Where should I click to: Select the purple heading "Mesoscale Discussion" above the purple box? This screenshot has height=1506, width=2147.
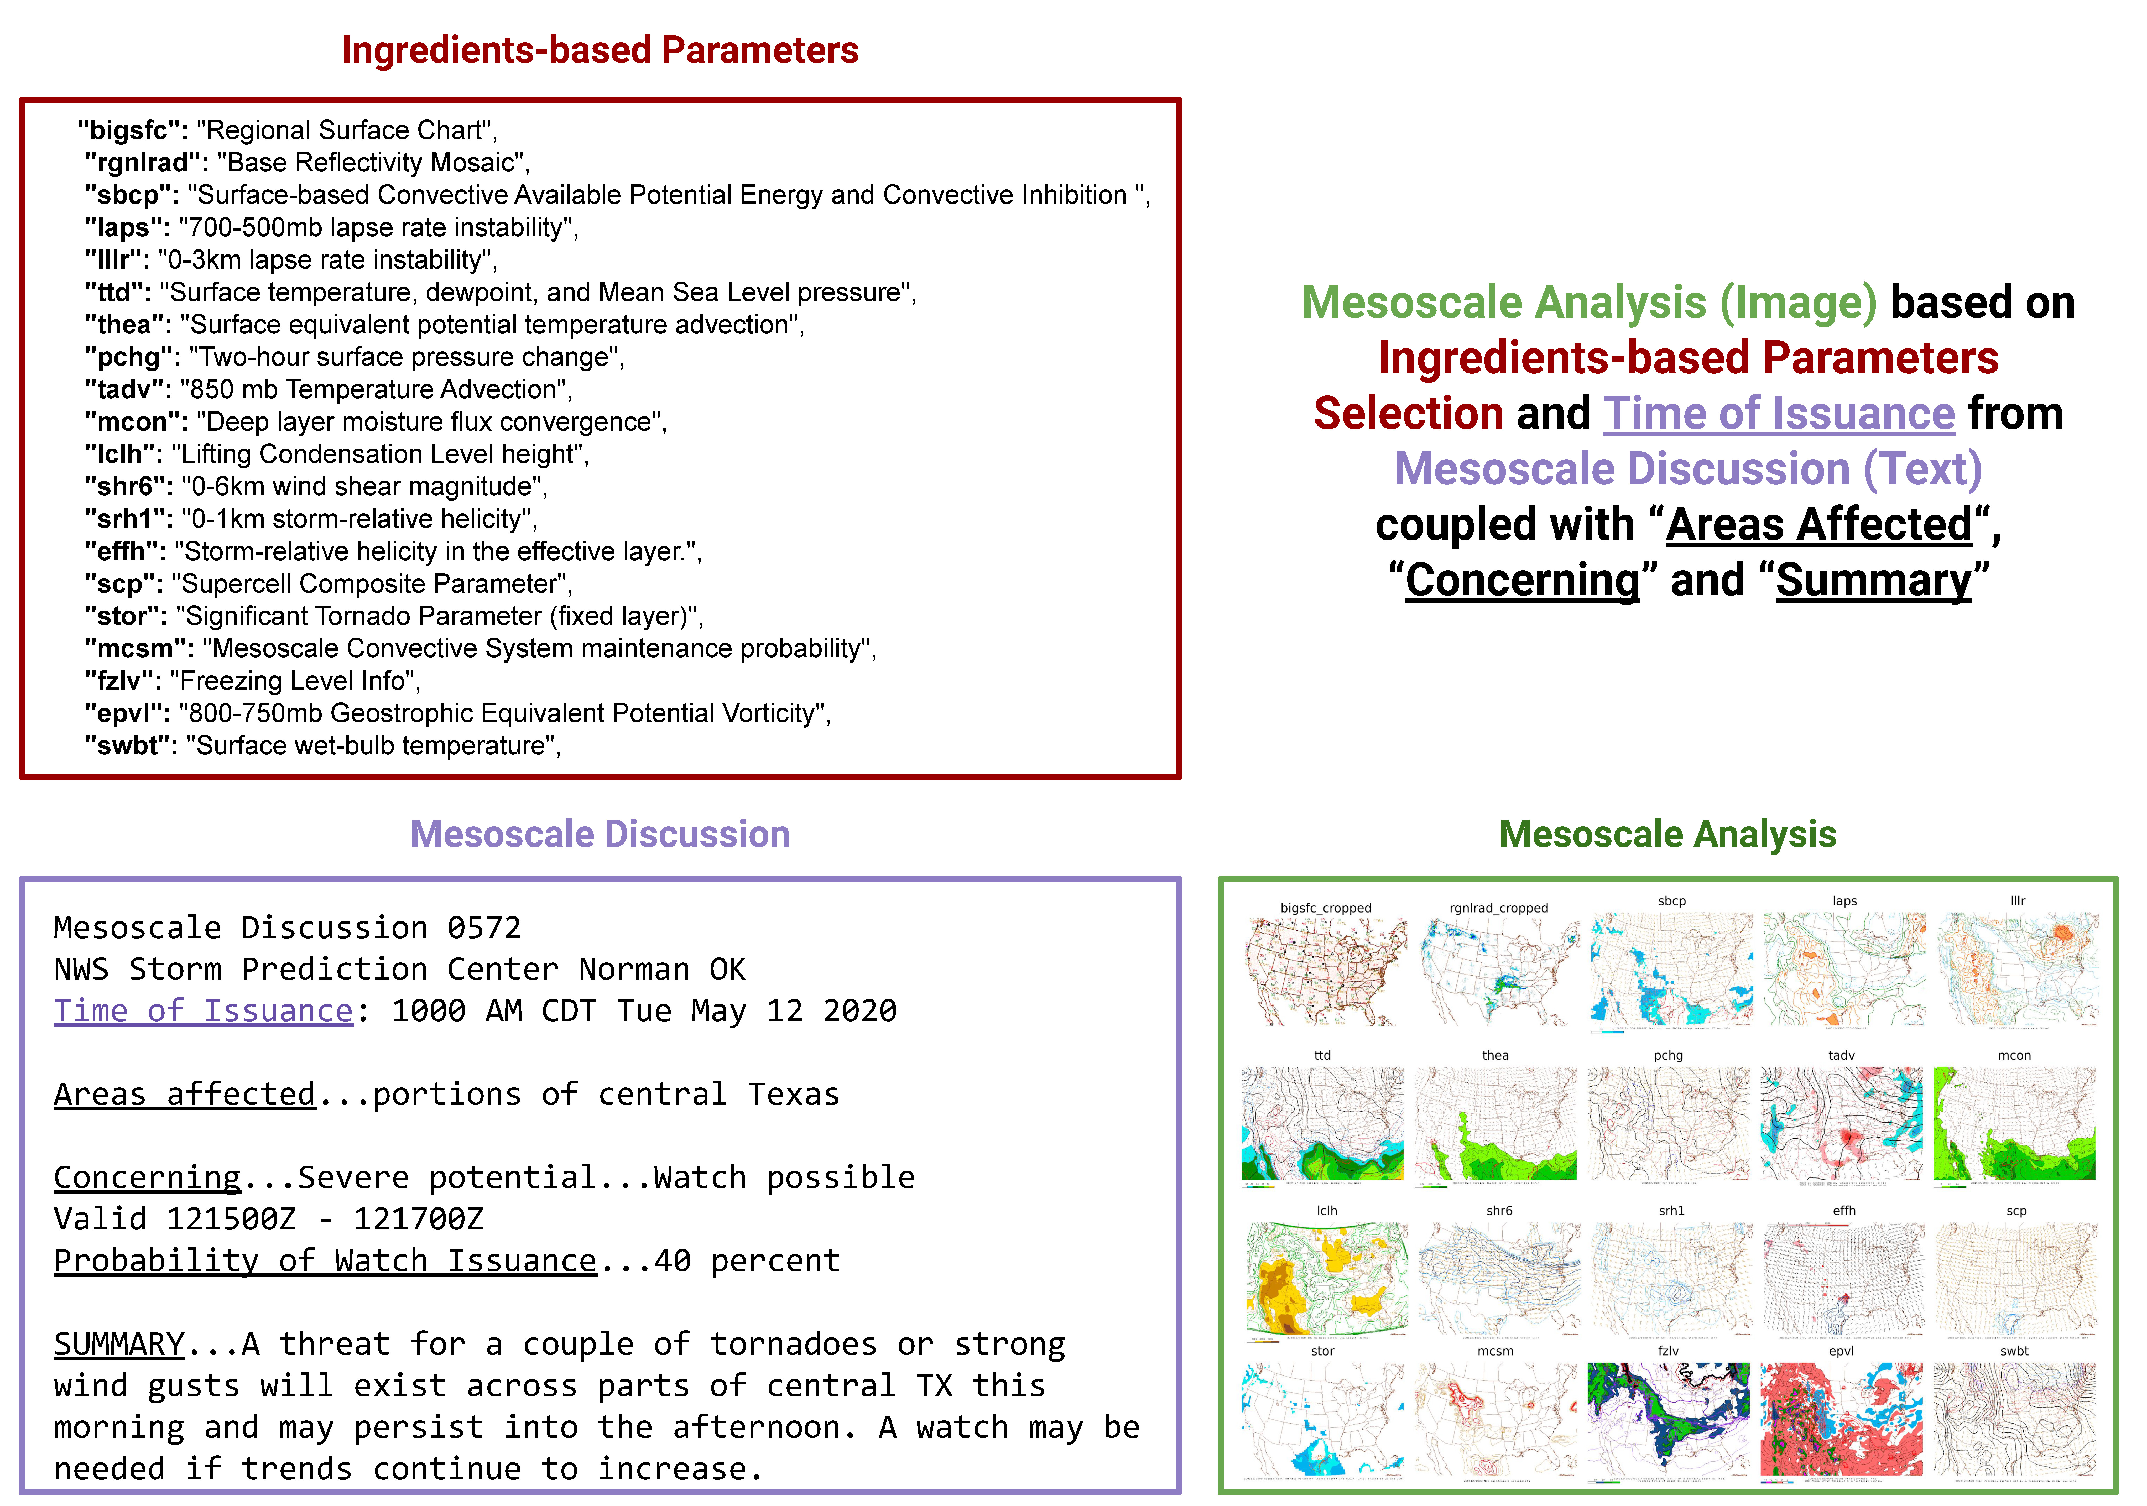600,834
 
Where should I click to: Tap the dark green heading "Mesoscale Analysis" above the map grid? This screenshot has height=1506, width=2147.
1667,834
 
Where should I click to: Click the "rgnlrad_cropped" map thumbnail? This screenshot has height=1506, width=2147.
1499,972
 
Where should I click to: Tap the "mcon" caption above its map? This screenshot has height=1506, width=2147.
2014,1055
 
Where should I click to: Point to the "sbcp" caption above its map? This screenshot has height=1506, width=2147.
1672,901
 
